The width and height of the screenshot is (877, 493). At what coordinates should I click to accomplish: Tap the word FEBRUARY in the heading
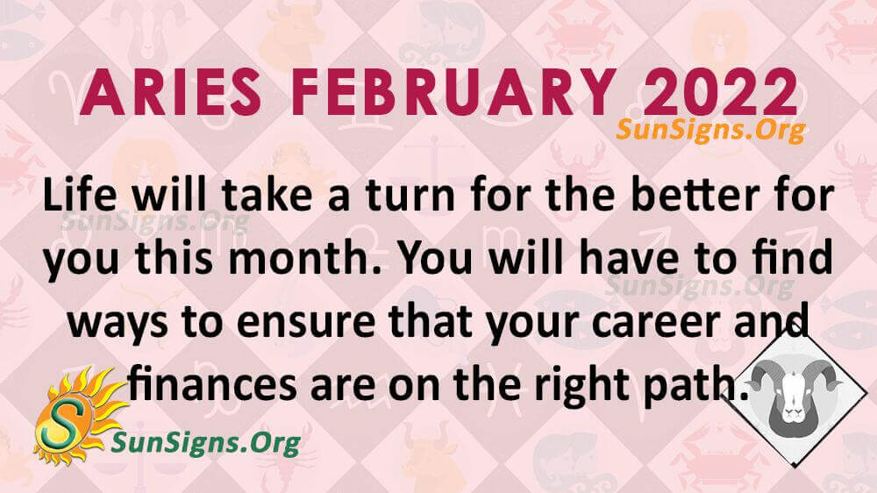coord(454,93)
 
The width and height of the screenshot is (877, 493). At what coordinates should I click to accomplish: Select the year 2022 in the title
coord(721,93)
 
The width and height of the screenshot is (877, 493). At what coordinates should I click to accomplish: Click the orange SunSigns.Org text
coord(710,131)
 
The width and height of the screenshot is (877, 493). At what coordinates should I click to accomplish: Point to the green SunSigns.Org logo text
coord(206,444)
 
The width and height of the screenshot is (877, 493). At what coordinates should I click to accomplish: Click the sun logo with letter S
coord(75,414)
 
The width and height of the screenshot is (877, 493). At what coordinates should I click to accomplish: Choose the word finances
coord(212,386)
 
